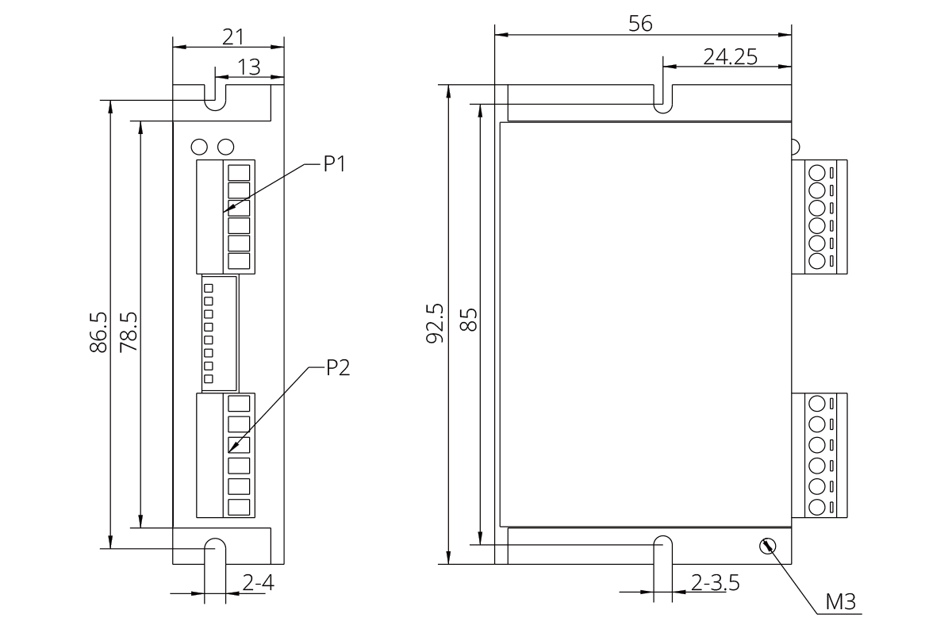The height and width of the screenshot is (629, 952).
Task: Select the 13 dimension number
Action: point(249,67)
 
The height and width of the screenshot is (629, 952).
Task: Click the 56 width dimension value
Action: point(640,24)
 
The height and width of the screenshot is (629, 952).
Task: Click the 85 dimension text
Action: point(468,321)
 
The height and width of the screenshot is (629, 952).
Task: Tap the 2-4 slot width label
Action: point(258,584)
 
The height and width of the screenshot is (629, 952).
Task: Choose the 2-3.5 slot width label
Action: point(715,583)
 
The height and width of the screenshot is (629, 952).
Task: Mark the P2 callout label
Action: point(338,368)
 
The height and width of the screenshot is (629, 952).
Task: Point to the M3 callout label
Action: point(841,603)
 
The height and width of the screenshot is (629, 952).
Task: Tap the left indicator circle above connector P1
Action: point(200,147)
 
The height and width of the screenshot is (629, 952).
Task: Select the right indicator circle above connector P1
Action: point(226,147)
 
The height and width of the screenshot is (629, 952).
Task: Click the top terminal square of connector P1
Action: point(239,171)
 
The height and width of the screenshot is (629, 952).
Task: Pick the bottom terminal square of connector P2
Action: point(239,507)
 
